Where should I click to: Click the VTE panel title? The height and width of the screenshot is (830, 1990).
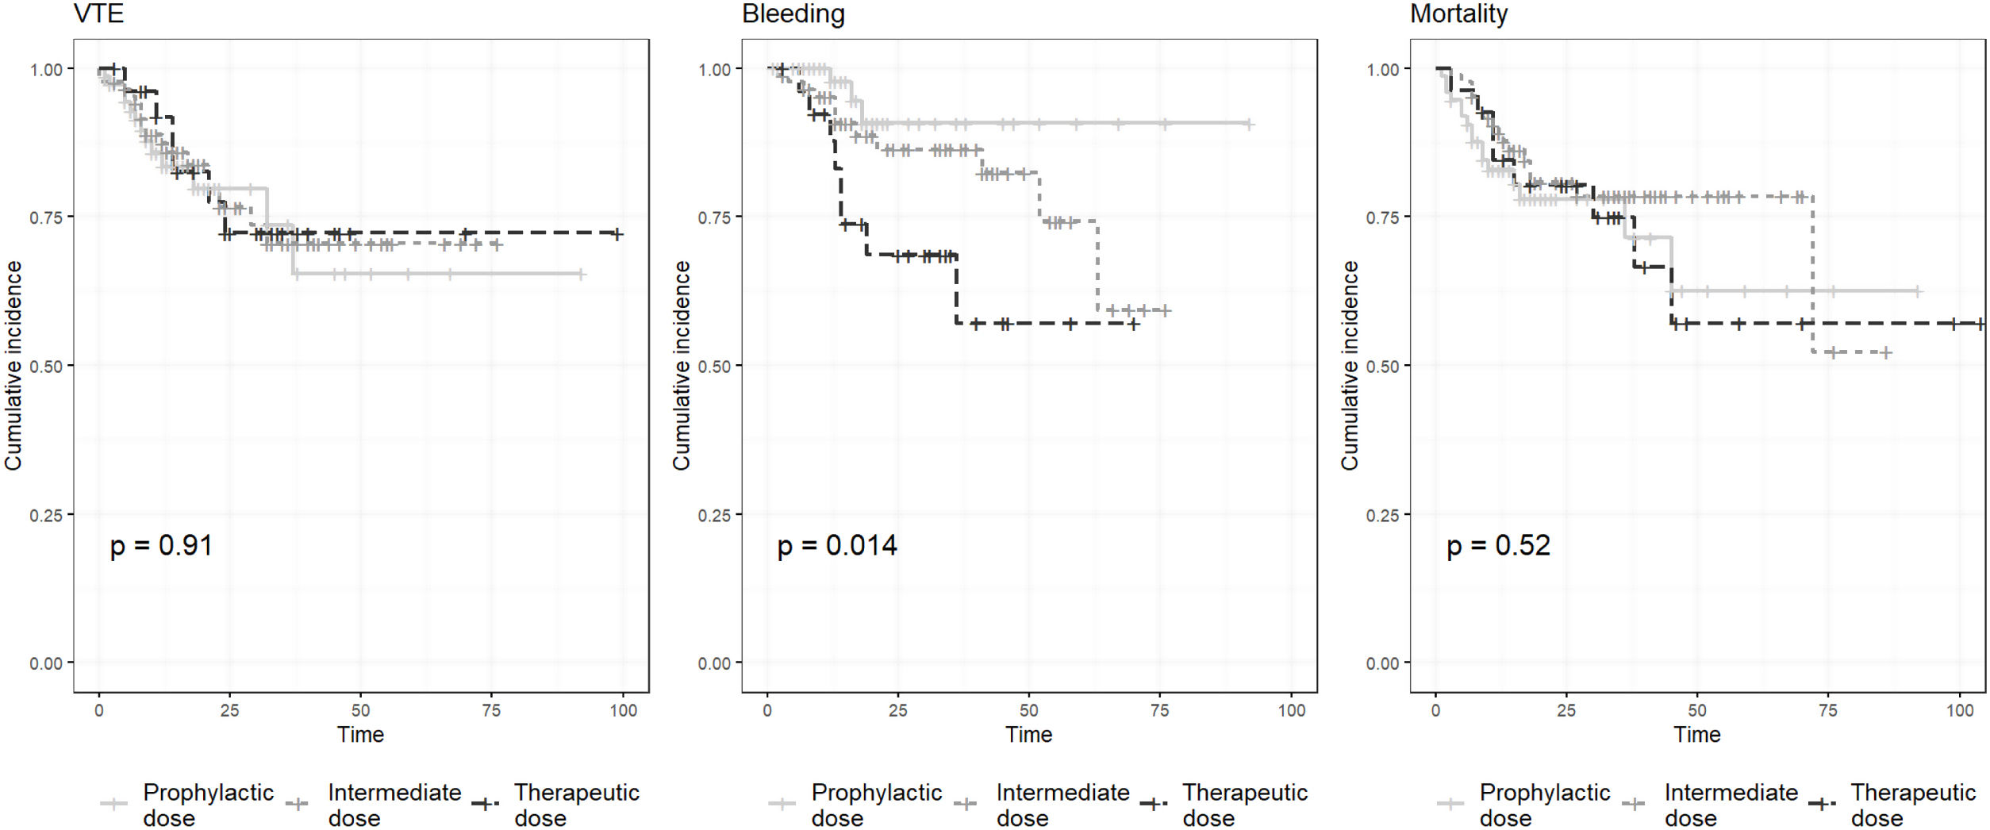click(x=98, y=13)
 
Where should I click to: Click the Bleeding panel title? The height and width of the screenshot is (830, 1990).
click(x=793, y=13)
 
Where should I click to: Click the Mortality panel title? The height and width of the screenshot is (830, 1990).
click(x=1458, y=13)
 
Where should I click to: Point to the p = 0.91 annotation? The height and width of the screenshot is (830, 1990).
click(x=161, y=545)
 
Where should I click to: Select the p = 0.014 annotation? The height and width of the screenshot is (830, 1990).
click(x=837, y=545)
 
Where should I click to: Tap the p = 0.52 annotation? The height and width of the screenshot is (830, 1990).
click(x=1498, y=545)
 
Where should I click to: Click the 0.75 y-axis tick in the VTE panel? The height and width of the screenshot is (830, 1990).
click(x=46, y=217)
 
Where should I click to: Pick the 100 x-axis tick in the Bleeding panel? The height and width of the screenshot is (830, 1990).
click(x=1292, y=710)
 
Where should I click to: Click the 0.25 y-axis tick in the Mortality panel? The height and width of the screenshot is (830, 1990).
click(x=1382, y=516)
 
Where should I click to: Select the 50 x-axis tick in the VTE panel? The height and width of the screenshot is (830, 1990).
click(x=360, y=710)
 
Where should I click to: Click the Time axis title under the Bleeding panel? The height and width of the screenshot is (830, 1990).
click(x=1028, y=735)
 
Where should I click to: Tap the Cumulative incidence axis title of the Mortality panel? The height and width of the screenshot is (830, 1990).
click(x=1350, y=365)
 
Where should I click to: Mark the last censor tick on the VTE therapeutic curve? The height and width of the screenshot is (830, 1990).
click(x=617, y=234)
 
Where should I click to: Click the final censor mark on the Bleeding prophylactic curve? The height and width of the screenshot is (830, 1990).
click(x=1248, y=124)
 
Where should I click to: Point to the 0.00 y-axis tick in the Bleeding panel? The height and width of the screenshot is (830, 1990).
click(x=714, y=663)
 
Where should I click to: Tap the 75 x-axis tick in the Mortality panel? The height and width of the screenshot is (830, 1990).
click(x=1828, y=710)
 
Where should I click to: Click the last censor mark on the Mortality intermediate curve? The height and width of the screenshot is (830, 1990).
click(x=1886, y=352)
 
